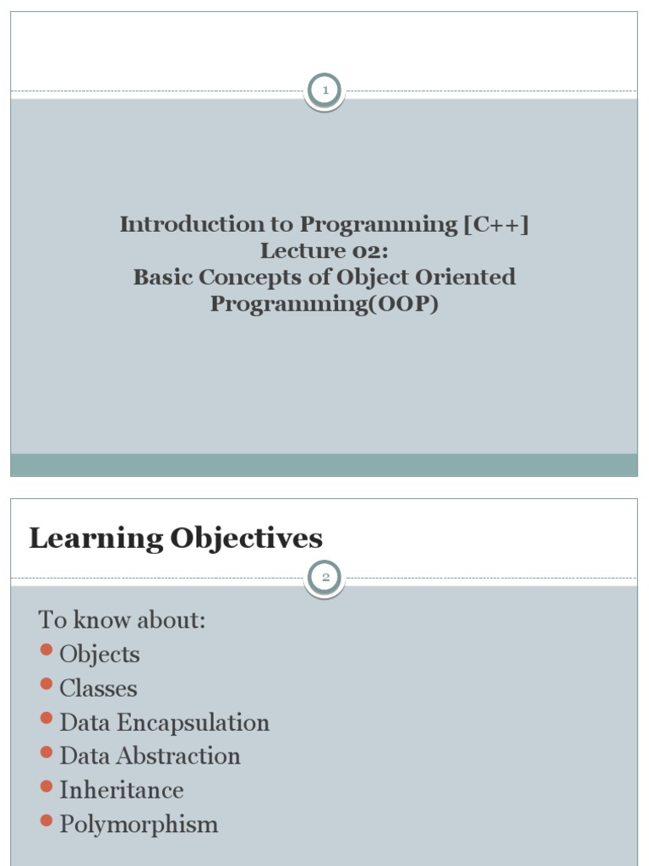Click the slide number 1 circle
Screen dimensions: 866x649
324,90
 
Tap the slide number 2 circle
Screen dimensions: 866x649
324,578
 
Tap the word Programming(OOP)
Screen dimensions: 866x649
324,304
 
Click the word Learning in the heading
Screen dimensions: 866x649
95,539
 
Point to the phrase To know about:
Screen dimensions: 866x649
123,620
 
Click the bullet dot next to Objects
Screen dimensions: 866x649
46,650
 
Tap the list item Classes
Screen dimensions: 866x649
98,688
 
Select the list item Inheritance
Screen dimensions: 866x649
121,790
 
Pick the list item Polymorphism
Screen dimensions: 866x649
139,825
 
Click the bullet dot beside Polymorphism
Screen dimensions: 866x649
46,820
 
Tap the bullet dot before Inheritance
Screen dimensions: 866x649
46,787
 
